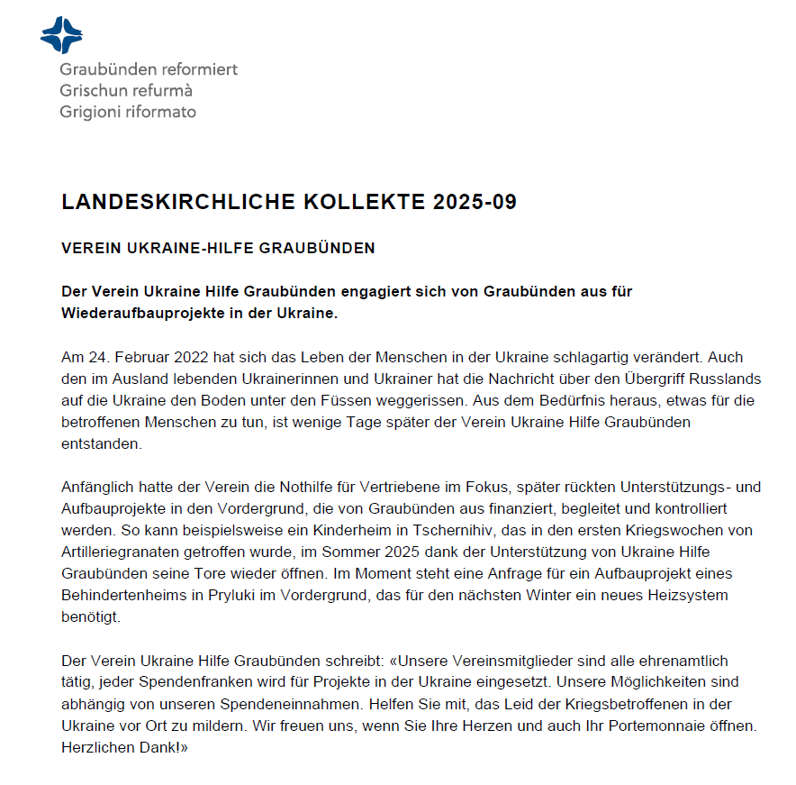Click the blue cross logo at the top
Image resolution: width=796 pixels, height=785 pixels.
[x=61, y=35]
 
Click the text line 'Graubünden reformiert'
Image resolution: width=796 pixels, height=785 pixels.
[x=149, y=69]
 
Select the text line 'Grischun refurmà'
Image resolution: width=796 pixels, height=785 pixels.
[x=126, y=91]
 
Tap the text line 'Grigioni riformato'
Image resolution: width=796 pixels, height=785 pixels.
[x=128, y=113]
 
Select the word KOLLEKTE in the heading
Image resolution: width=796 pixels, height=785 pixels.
[x=347, y=202]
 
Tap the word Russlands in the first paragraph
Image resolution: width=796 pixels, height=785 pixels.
[x=728, y=379]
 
